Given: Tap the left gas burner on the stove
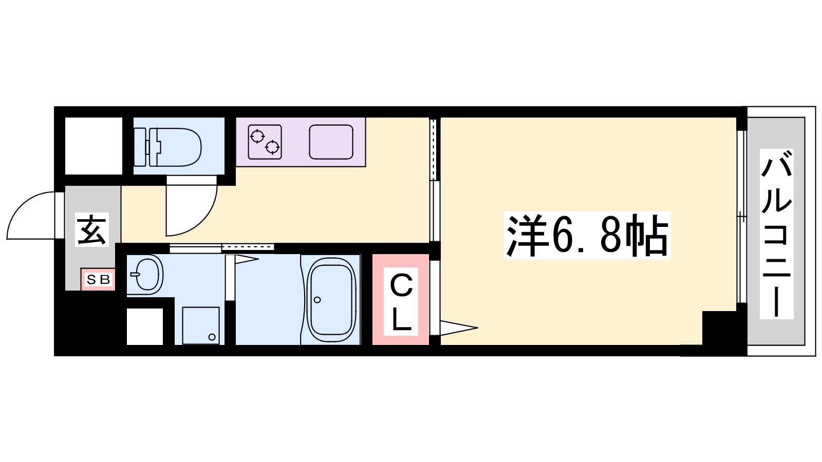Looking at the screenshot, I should tap(257, 137).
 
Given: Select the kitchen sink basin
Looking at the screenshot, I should tap(331, 142).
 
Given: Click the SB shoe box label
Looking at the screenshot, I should tap(98, 280).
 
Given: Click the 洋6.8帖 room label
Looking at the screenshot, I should tap(587, 236).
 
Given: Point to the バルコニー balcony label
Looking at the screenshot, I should tap(777, 234).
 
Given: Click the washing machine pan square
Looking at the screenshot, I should tap(201, 325).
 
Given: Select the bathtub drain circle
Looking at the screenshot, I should tap(317, 300).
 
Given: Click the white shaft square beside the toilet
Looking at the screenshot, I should tap(94, 146).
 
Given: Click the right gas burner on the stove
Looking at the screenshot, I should tap(272, 148).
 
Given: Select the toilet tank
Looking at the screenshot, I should tap(141, 147).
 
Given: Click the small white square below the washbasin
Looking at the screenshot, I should tap(145, 326).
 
